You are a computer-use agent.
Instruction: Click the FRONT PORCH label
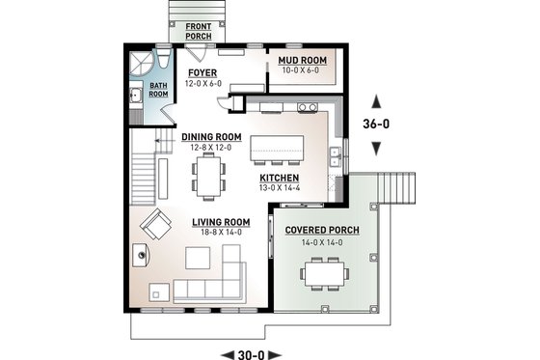click(x=199, y=31)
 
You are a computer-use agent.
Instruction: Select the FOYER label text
click(x=202, y=72)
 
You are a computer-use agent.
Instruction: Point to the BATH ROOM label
click(x=158, y=94)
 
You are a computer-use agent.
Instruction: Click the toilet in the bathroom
click(x=164, y=64)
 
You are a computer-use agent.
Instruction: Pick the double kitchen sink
click(x=334, y=152)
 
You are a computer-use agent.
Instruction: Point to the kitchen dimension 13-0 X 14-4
click(x=279, y=188)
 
